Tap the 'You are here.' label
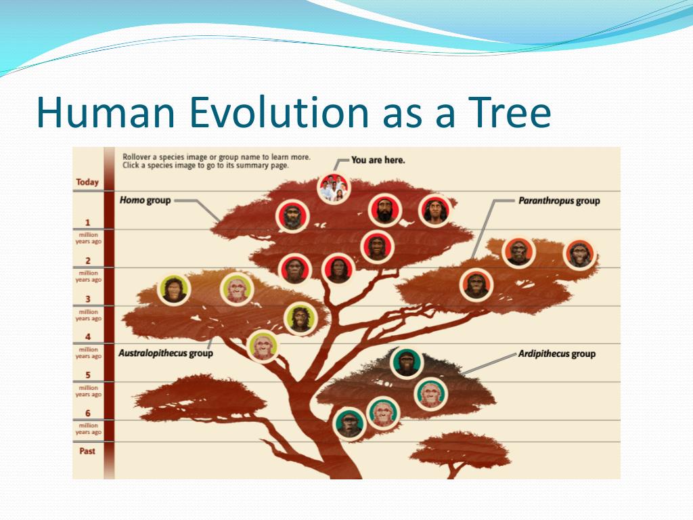tap(378, 160)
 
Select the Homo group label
tap(145, 200)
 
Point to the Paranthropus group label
tap(559, 200)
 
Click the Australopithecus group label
tap(166, 353)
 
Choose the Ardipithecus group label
tap(557, 353)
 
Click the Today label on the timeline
tap(87, 182)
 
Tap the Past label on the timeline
tap(87, 451)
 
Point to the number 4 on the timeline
tap(87, 337)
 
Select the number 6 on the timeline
tap(87, 413)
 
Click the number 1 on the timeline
tap(87, 222)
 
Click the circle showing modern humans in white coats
tap(334, 188)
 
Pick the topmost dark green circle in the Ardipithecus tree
tap(407, 363)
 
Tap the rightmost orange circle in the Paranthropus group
tap(580, 255)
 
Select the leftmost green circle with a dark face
tap(174, 290)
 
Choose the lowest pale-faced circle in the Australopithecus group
tap(263, 346)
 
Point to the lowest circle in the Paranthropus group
tap(476, 285)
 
